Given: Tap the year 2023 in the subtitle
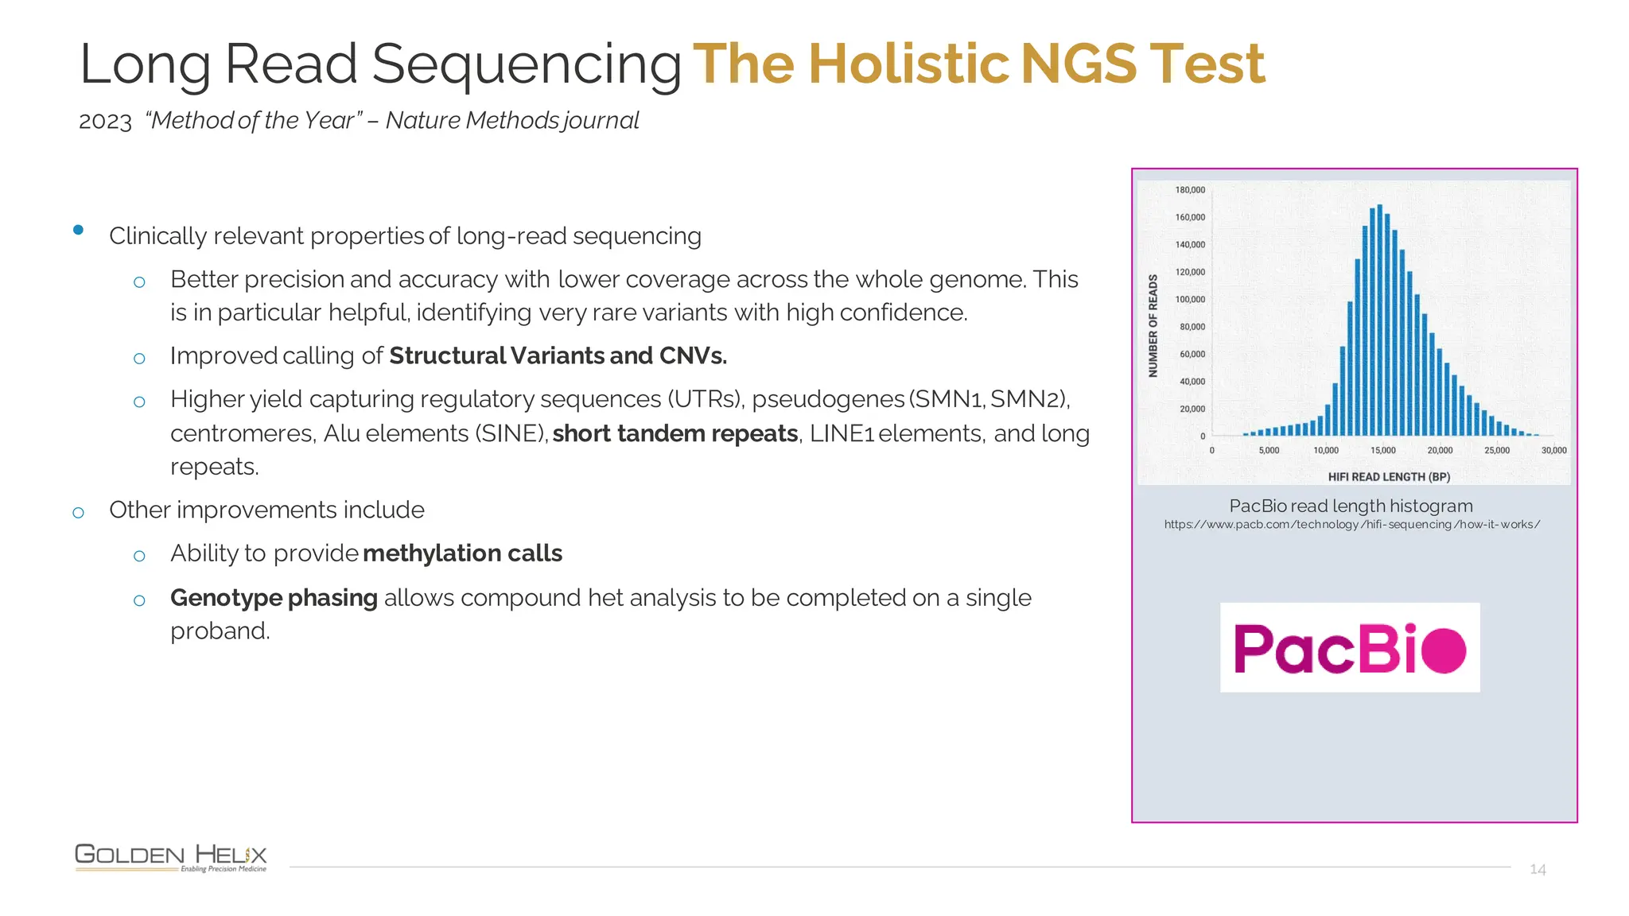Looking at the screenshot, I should [105, 122].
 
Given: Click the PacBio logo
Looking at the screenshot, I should [1350, 647].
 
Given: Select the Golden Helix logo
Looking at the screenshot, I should [171, 857].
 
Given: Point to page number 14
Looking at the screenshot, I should [1538, 869].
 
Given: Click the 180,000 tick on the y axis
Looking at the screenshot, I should [1190, 190].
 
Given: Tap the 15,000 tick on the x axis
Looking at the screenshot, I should [1382, 451].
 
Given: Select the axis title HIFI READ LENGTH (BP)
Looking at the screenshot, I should [1389, 477].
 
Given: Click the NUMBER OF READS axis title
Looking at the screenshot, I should [1153, 325].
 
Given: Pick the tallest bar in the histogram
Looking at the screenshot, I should [1379, 318].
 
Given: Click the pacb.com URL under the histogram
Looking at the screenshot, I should [1351, 525].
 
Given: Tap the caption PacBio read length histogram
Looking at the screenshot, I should [1351, 506].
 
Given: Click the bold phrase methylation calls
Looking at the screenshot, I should [463, 553].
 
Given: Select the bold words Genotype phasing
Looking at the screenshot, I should [274, 598].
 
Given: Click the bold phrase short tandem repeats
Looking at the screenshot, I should [675, 434].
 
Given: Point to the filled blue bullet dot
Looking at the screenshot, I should [78, 230].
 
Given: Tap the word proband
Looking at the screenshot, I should [220, 631].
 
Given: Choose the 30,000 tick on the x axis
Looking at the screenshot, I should [1553, 451].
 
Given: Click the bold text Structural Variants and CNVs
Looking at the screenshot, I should [558, 356].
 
